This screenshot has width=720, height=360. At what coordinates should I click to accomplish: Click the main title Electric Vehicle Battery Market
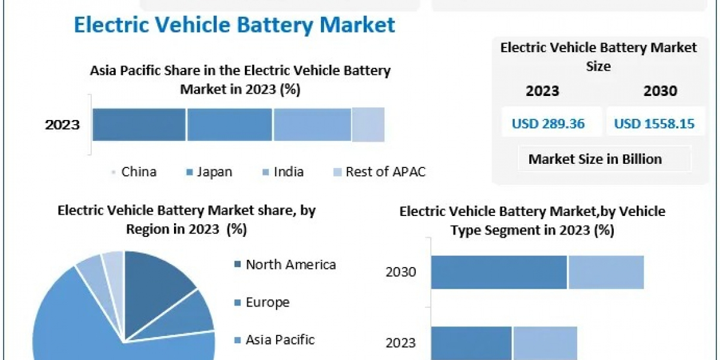[x=234, y=25]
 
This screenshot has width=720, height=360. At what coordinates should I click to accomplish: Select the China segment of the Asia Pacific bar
[x=139, y=125]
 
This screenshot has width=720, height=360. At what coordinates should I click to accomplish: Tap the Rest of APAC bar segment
[x=368, y=125]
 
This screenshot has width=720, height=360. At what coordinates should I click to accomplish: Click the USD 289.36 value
[x=548, y=124]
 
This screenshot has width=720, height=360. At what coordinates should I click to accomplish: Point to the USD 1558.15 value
[x=654, y=124]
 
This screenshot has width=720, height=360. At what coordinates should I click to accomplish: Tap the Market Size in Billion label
[x=595, y=159]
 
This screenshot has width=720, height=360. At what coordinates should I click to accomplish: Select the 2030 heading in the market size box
[x=660, y=91]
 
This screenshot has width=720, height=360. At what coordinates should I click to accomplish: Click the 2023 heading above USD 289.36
[x=542, y=91]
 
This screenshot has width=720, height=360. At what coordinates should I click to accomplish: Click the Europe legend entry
[x=267, y=302]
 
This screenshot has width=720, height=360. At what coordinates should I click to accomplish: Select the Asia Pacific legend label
[x=279, y=340]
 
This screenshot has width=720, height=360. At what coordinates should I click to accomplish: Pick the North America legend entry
[x=290, y=265]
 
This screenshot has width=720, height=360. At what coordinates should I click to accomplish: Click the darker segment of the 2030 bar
[x=499, y=272]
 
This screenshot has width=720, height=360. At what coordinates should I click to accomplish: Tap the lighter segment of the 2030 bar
[x=606, y=272]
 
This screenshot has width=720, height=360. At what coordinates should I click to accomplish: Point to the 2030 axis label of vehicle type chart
[x=401, y=272]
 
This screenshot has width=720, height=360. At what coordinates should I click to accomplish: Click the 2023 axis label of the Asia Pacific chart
[x=62, y=125]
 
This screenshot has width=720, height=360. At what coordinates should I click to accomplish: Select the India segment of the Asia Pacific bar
[x=312, y=125]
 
